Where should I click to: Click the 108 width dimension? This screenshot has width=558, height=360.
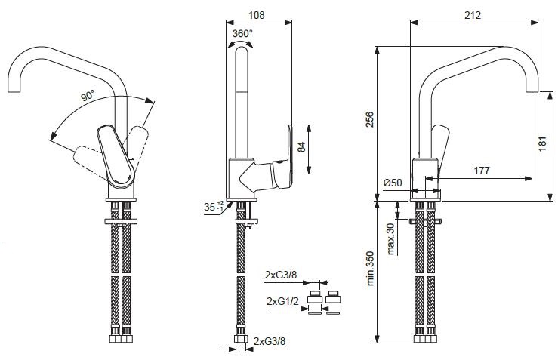click(256, 15)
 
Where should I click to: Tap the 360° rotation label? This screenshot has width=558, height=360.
click(242, 34)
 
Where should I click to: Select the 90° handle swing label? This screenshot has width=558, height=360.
click(88, 95)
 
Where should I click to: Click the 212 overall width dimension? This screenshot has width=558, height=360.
click(473, 15)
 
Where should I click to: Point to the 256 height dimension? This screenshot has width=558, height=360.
click(370, 119)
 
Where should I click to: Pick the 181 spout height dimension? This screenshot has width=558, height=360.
click(542, 143)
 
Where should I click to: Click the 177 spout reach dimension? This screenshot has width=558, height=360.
click(482, 171)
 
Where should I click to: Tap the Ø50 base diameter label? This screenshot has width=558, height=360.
click(393, 183)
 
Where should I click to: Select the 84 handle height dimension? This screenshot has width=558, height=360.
click(301, 146)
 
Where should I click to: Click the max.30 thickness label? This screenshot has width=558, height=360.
click(390, 239)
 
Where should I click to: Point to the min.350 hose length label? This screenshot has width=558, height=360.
click(370, 269)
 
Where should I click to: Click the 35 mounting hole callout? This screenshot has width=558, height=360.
click(214, 207)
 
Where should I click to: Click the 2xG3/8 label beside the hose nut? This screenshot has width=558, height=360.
click(270, 341)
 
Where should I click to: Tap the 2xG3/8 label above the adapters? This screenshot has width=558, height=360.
click(281, 275)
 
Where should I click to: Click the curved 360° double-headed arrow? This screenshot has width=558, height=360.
click(240, 44)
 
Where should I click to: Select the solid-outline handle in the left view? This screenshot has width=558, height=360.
click(116, 154)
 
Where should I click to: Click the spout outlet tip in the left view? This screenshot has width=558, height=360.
click(14, 92)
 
